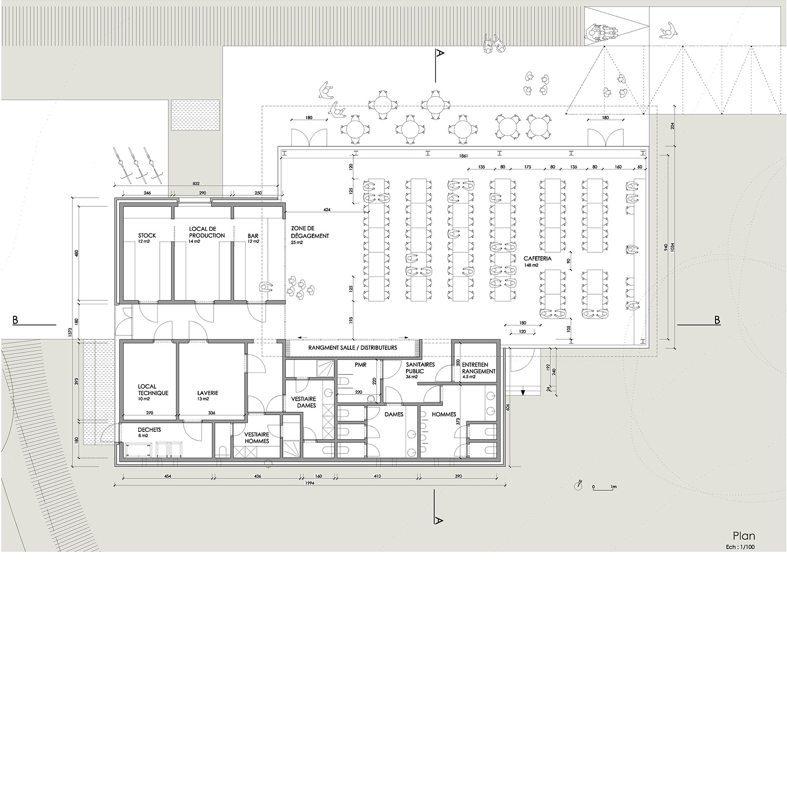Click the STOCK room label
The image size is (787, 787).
click(x=147, y=236)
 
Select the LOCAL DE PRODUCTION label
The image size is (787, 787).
click(x=207, y=232)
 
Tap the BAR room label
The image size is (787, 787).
click(x=253, y=236)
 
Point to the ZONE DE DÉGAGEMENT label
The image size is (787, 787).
click(x=310, y=232)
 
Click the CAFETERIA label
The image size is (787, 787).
click(x=537, y=259)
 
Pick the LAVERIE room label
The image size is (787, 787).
click(x=207, y=393)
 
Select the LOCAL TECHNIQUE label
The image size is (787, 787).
click(x=153, y=390)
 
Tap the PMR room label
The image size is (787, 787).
click(x=360, y=365)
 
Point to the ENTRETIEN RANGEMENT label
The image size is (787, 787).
click(x=478, y=368)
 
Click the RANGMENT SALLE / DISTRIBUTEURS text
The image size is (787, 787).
click(x=353, y=347)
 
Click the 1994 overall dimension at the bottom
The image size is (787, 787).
click(x=309, y=483)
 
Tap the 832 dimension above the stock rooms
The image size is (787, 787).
click(x=195, y=183)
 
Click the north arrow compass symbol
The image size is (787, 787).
click(x=578, y=485)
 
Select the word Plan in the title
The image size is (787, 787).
click(x=743, y=536)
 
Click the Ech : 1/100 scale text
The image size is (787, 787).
click(x=740, y=547)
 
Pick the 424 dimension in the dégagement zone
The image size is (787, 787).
click(x=326, y=210)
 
